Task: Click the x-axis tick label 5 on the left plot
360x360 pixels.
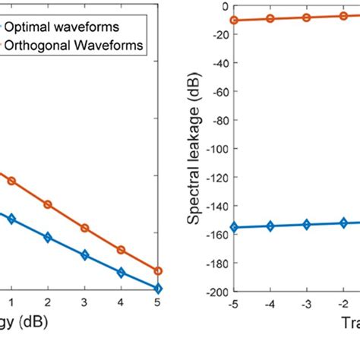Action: [x=157, y=302]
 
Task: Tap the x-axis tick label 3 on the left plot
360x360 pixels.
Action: [x=84, y=302]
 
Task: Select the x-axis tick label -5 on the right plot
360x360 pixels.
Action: [x=232, y=302]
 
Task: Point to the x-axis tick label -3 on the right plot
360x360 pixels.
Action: [x=306, y=302]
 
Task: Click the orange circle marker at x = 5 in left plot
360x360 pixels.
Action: [x=158, y=270]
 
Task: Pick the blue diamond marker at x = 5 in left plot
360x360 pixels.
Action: [x=158, y=289]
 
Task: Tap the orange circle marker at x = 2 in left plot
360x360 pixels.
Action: [x=48, y=204]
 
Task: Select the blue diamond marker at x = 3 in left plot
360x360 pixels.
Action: [x=84, y=255]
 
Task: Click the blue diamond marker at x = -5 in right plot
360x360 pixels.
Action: [x=234, y=227]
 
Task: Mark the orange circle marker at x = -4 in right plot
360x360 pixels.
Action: [x=270, y=18]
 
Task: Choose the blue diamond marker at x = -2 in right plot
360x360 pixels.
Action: [x=343, y=223]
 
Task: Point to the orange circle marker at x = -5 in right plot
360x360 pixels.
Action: [x=234, y=20]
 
